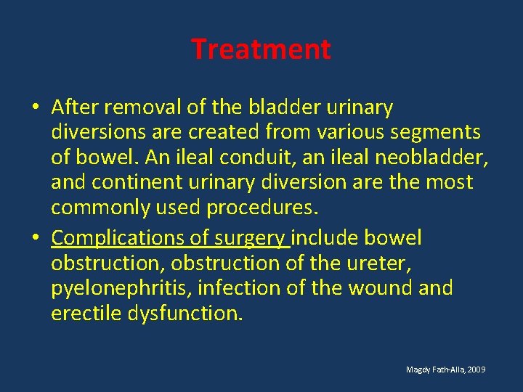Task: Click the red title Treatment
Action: pos(261,49)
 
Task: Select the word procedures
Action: pos(262,207)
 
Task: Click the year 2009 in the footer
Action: pos(477,370)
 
